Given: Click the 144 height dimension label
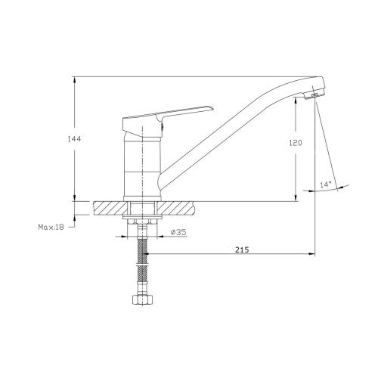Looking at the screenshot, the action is click(74, 139).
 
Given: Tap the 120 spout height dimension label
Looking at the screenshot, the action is click(296, 143).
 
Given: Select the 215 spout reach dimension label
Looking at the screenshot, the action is click(242, 249).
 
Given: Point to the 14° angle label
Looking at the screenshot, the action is click(325, 185).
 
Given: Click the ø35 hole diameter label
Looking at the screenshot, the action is click(178, 232).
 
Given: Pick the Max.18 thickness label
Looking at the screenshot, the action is click(51, 227).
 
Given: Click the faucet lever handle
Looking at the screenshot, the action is click(168, 119).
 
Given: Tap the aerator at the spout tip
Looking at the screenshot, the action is click(314, 94).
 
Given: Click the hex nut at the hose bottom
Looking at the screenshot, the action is click(143, 299).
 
